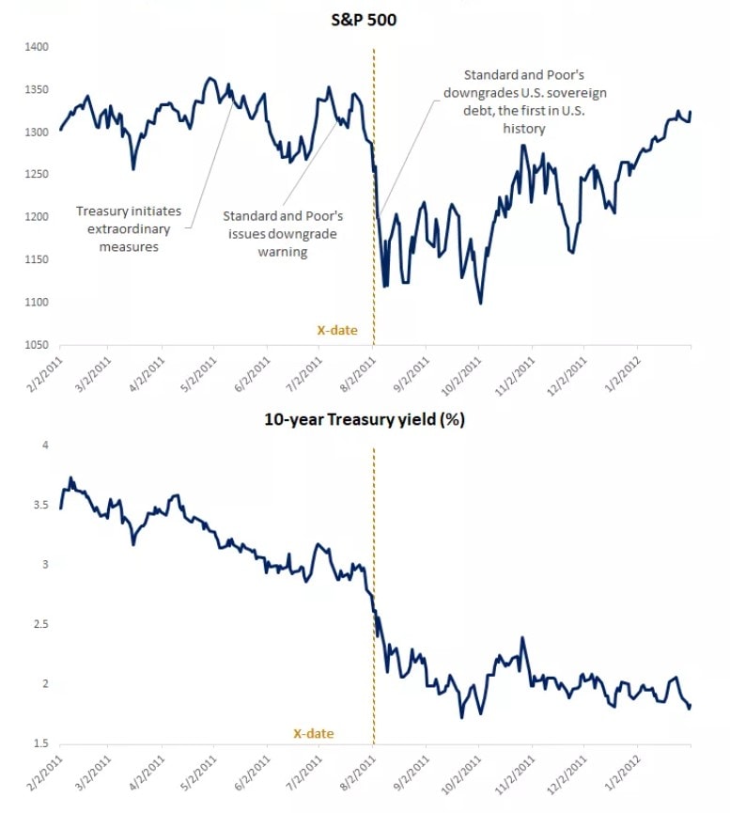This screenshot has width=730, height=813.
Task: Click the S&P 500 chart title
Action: point(365,18)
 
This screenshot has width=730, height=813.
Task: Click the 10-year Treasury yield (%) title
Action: point(365,420)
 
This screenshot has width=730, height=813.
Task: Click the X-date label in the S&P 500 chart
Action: point(337,330)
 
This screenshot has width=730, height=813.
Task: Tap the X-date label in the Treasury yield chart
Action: point(313,733)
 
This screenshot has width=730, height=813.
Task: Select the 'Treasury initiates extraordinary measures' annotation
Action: point(129,229)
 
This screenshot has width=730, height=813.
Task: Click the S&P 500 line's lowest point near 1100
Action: point(481,303)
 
